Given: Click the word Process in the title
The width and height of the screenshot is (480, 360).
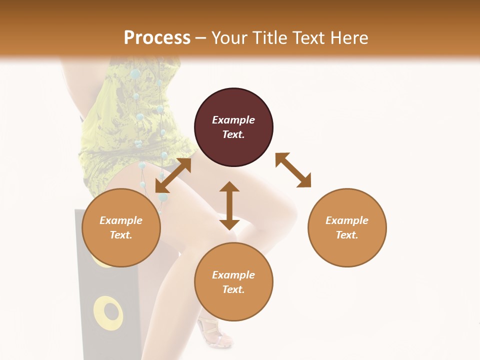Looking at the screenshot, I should click(157, 37).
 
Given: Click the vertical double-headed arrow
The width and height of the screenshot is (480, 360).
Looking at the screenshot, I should click(229, 205).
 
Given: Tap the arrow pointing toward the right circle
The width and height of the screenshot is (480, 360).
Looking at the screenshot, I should click(293, 170).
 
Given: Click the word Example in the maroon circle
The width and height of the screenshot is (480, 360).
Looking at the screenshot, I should click(233, 120).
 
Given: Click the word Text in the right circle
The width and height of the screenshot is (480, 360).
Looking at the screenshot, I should click(347, 235).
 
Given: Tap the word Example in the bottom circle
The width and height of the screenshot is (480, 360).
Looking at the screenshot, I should click(233, 275).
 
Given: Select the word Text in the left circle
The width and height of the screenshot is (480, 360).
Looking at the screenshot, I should click(121, 235).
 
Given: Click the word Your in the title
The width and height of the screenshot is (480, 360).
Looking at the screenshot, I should click(228, 37).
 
